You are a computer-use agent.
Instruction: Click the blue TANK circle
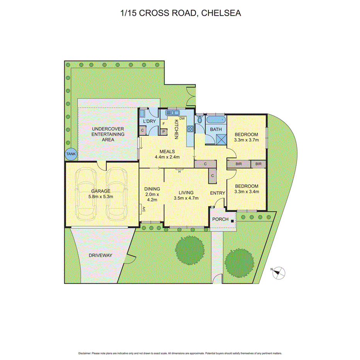tap(71, 154)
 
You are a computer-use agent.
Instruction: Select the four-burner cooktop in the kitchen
tap(190, 129)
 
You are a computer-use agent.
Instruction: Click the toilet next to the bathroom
tap(199, 120)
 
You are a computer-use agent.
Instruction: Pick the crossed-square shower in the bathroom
tap(216, 139)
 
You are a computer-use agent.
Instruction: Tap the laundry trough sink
tap(142, 114)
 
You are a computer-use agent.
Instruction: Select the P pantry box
tap(164, 131)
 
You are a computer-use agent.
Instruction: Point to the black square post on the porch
tap(232, 221)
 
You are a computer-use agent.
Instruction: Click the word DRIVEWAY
tap(100, 255)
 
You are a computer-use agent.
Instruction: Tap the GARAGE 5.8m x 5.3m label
tap(101, 194)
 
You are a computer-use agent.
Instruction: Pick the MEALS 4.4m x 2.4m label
tap(167, 154)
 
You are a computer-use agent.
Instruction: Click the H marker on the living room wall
tap(179, 172)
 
